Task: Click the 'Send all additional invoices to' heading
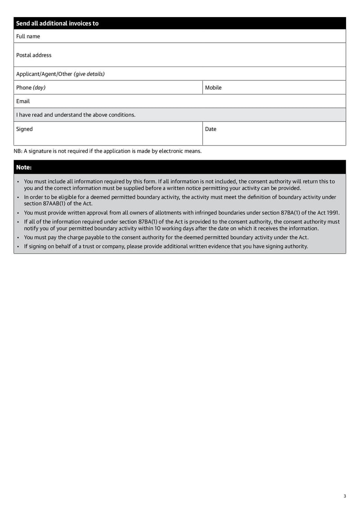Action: pyautogui.click(x=57, y=23)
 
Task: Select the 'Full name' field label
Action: pyautogui.click(x=28, y=36)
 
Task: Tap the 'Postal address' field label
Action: pyautogui.click(x=34, y=55)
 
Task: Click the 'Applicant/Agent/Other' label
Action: pyautogui.click(x=44, y=74)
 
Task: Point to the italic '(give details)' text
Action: pyautogui.click(x=89, y=74)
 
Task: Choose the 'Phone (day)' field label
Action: pyautogui.click(x=31, y=88)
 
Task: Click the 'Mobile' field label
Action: pyautogui.click(x=213, y=88)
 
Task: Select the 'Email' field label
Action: pyautogui.click(x=23, y=102)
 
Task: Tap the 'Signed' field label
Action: pyautogui.click(x=24, y=129)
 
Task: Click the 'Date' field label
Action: pyautogui.click(x=211, y=129)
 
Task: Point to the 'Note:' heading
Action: pyautogui.click(x=24, y=167)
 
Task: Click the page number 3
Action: pyautogui.click(x=345, y=496)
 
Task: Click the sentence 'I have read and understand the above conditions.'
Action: pyautogui.click(x=76, y=115)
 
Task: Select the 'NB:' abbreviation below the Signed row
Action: pyautogui.click(x=18, y=151)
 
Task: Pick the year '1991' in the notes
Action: pyautogui.click(x=333, y=213)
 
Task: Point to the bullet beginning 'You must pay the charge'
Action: pyautogui.click(x=166, y=237)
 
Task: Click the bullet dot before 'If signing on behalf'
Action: pyautogui.click(x=18, y=246)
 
